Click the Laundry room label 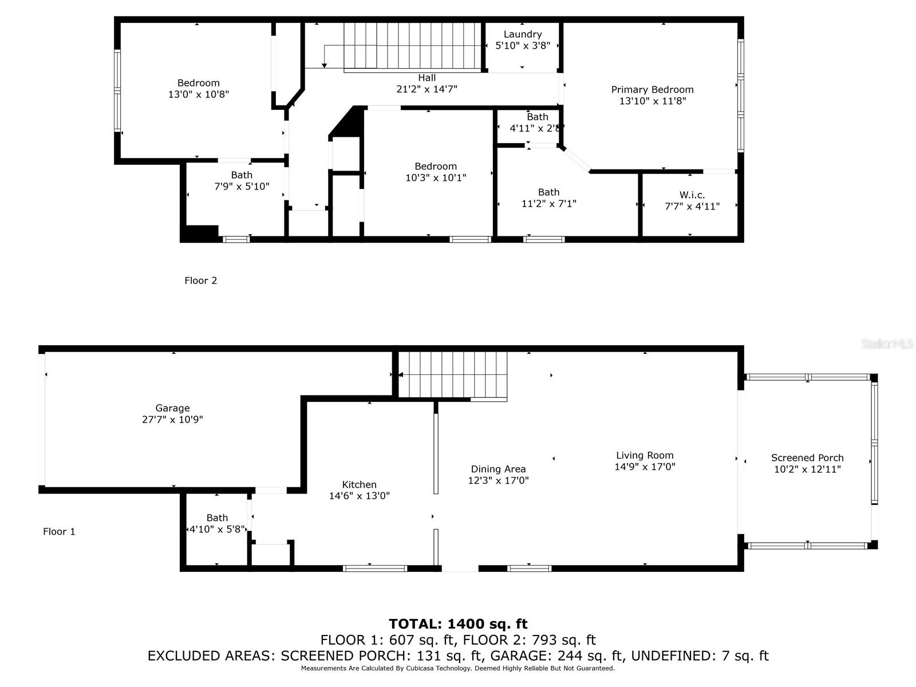[523, 34]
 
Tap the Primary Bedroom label [652, 90]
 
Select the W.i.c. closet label [692, 195]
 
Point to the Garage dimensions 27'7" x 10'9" [172, 419]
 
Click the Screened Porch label [807, 457]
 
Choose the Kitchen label [360, 484]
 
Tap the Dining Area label [498, 469]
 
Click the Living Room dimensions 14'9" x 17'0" [645, 467]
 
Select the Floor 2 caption [201, 281]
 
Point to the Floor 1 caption [60, 531]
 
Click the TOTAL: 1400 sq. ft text [458, 623]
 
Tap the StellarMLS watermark [887, 343]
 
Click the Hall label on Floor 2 [427, 78]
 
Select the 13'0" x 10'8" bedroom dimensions [199, 94]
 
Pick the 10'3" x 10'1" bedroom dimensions [436, 177]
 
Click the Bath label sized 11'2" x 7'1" [549, 192]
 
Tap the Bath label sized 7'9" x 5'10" [242, 175]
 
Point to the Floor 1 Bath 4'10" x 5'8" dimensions [217, 530]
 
